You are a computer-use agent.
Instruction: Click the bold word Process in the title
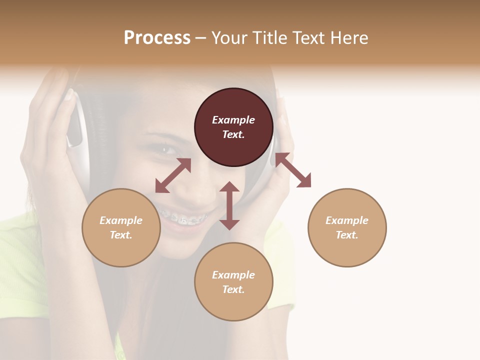pos(157,38)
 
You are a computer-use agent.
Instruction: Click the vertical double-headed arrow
pos(229,205)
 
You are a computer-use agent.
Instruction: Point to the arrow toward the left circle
pos(173,175)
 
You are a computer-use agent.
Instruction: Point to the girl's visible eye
pos(163,148)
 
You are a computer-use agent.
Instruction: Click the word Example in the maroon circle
pos(233,120)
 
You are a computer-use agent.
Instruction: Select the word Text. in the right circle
pos(347,235)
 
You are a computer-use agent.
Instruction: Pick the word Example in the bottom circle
pos(233,275)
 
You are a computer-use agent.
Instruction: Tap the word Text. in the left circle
pos(121,235)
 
